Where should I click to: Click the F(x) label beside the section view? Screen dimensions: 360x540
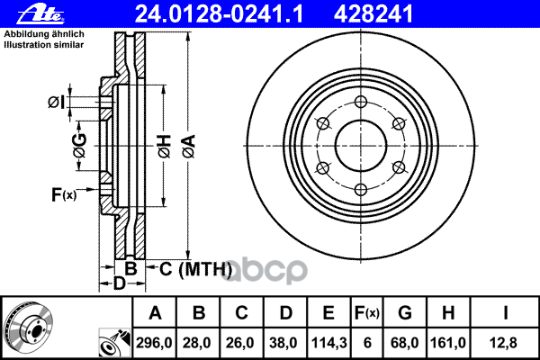pos(64,193)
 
